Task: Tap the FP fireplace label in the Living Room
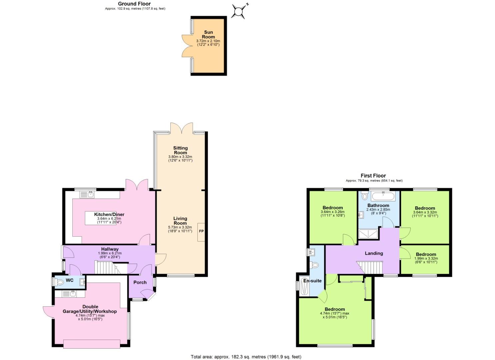(201, 231)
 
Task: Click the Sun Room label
(208, 35)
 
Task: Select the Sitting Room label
(180, 150)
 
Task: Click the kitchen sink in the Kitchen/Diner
(88, 194)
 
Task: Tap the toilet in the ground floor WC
(60, 282)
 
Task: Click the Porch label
(140, 282)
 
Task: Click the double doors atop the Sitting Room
(181, 128)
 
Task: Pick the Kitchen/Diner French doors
(137, 184)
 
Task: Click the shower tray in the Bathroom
(368, 234)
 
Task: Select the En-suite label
(312, 281)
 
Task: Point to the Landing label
(374, 253)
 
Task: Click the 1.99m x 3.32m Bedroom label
(426, 254)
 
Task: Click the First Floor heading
(373, 176)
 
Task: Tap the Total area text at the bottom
(246, 357)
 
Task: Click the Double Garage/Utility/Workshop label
(90, 309)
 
